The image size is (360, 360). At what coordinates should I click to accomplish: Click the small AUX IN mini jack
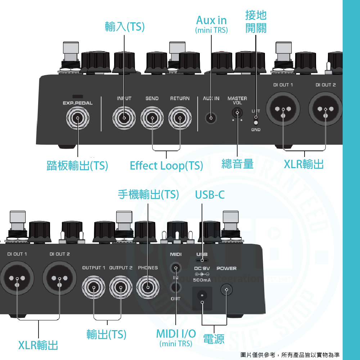coord(211,118)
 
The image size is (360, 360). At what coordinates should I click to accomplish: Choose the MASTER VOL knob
coord(237,113)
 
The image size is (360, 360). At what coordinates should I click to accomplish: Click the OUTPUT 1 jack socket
coord(94,287)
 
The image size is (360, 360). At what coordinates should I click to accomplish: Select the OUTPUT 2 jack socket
coord(121,287)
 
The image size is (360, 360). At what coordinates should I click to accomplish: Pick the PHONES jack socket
coord(148,287)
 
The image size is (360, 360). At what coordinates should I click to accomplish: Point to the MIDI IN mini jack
coord(176,269)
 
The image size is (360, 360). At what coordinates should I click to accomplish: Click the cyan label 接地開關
coord(256,21)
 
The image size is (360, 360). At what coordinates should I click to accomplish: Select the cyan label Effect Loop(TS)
coord(166,166)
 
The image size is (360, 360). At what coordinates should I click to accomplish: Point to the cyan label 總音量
coord(238,164)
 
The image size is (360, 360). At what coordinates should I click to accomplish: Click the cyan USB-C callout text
coord(210,195)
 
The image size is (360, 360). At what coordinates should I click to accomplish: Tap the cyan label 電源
coord(214,339)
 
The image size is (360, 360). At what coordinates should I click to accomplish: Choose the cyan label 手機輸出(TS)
coord(148,195)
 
